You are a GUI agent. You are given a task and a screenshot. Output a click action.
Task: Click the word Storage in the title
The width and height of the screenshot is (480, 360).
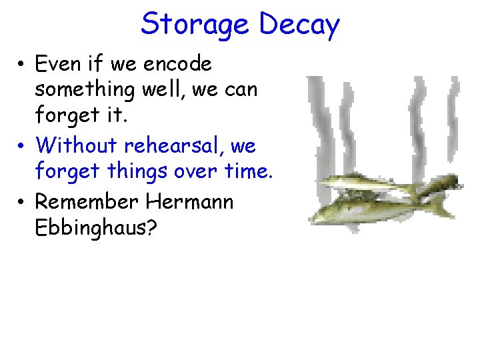pyautogui.click(x=195, y=25)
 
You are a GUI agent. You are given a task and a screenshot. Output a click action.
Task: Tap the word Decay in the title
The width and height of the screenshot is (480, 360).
pyautogui.click(x=299, y=25)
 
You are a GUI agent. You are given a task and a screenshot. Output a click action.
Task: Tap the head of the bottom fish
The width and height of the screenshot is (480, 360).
pyautogui.click(x=323, y=214)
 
